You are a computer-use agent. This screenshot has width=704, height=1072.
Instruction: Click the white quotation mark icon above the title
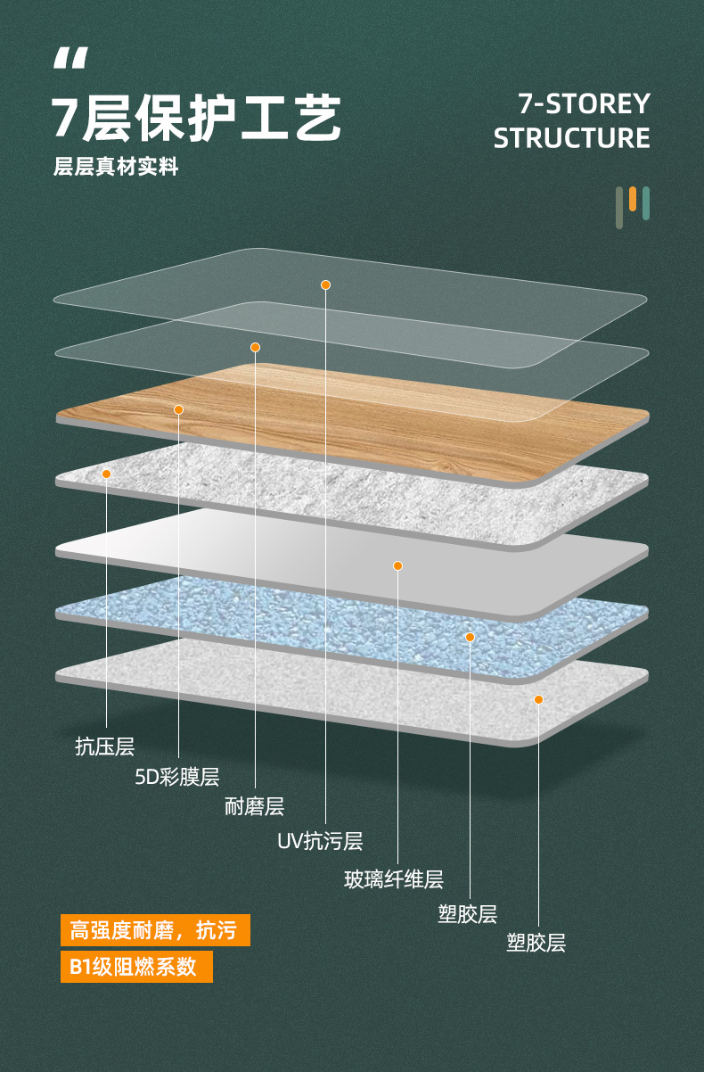coord(70,58)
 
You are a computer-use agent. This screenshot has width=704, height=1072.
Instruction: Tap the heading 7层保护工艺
coord(196,118)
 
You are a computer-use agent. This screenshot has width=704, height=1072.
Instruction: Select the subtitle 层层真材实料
coord(116,167)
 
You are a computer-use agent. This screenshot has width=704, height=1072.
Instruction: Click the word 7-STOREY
coord(584,103)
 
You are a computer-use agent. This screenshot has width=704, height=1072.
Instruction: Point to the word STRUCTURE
coord(571,138)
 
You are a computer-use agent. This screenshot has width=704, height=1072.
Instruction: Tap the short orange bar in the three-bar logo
coord(633,199)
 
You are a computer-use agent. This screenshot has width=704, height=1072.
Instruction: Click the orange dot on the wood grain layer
coord(178,409)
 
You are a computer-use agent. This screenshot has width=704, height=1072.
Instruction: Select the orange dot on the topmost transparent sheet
coord(325,285)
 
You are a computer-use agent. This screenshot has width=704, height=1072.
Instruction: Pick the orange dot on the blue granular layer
coord(470,637)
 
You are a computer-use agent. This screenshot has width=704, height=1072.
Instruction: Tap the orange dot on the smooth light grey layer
coord(397,565)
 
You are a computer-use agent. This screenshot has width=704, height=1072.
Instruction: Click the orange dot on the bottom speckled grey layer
coord(538,700)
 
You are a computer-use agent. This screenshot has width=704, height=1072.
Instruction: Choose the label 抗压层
coord(105,746)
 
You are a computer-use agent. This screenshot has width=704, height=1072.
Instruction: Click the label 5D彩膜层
coord(177,776)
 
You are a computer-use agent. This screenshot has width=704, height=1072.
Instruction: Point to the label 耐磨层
coord(255,806)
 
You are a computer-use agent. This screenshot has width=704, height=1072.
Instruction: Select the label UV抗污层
coord(320,841)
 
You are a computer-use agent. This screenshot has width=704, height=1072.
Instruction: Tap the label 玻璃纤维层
coord(394,879)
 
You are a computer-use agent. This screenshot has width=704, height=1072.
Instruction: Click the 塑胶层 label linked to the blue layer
coord(467,913)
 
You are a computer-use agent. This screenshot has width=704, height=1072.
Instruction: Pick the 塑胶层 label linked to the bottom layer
coord(536,943)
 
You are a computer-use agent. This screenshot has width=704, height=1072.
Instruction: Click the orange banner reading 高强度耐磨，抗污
coord(155,930)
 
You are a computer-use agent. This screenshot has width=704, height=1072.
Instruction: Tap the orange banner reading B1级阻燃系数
coord(136,967)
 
